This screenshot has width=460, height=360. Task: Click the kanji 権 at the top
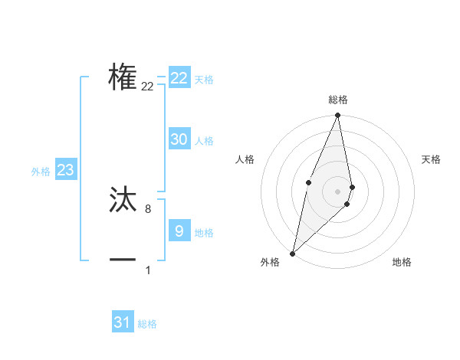[123, 78]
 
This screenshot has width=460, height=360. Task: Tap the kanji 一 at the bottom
[123, 260]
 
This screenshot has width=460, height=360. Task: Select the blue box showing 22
[179, 78]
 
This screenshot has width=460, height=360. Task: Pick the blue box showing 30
[179, 139]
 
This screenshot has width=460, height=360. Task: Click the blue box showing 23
[65, 170]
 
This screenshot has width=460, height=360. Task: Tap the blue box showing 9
[179, 231]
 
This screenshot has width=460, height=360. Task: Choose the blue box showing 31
[123, 322]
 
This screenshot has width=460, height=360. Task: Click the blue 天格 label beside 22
[204, 80]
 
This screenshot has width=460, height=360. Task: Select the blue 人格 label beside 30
[204, 141]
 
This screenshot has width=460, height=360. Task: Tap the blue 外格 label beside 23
[41, 172]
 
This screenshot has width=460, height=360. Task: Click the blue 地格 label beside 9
[204, 233]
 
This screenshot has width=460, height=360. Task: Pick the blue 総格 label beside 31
[147, 324]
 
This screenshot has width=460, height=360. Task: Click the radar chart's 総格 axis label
[337, 100]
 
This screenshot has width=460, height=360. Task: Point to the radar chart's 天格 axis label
[431, 159]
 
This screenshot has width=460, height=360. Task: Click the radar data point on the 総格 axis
[337, 116]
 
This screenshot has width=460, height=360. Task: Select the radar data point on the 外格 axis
[292, 253]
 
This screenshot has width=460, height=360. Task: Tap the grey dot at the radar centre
[337, 191]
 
